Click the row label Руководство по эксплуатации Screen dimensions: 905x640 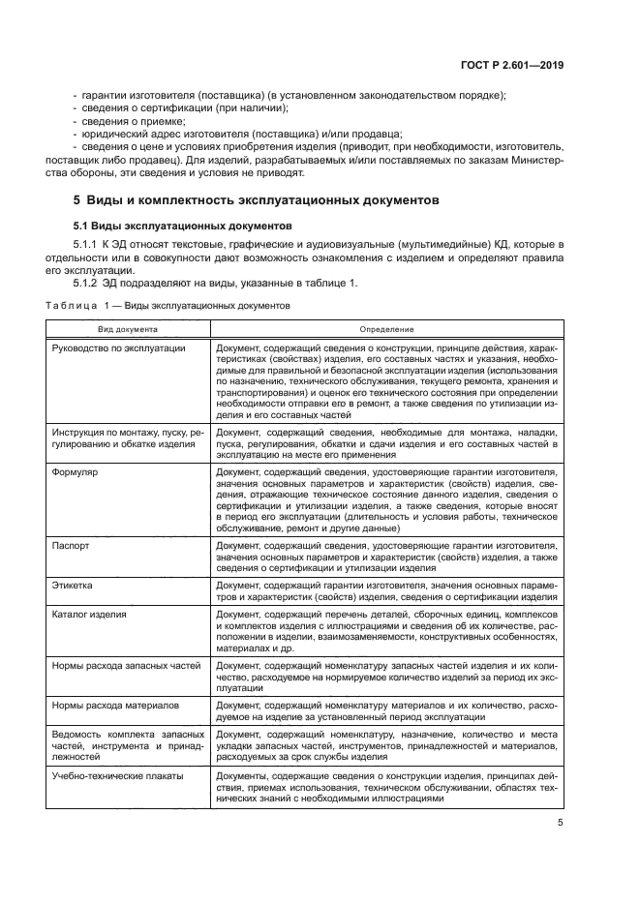118,347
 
